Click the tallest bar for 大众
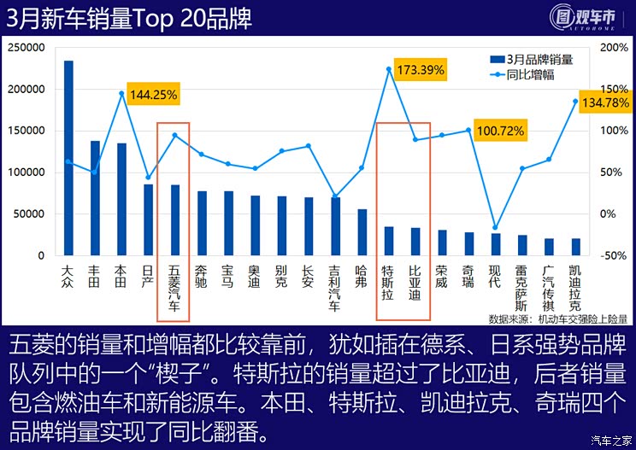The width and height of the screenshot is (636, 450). [68, 158]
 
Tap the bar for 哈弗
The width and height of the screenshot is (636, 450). [362, 232]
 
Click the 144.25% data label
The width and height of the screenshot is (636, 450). [153, 96]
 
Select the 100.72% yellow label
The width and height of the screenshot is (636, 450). [501, 131]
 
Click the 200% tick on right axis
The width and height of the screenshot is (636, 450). [615, 48]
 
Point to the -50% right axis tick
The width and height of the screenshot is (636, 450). [615, 255]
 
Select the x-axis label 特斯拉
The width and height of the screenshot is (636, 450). [388, 283]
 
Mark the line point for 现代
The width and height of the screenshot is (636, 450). [495, 227]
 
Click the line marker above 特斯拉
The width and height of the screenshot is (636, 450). [389, 69]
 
